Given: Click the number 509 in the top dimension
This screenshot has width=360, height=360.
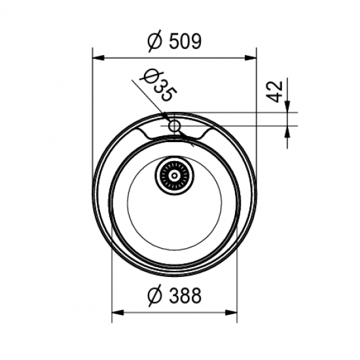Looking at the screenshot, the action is click(185, 41).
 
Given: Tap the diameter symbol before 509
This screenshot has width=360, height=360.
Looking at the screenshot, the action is click(155, 41).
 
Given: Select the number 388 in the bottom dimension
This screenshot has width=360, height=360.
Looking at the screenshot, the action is click(185, 296).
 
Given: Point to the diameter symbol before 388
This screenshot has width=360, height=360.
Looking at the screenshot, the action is click(155, 296).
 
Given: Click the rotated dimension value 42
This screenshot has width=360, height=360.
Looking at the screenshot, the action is click(275, 92).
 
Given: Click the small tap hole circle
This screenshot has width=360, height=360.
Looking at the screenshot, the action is click(175, 126).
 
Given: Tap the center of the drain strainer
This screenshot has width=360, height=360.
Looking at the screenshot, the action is click(175, 176).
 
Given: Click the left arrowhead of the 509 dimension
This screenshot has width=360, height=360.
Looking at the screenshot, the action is click(98, 58).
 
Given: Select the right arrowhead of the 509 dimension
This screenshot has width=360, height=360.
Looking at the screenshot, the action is click(251, 58).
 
